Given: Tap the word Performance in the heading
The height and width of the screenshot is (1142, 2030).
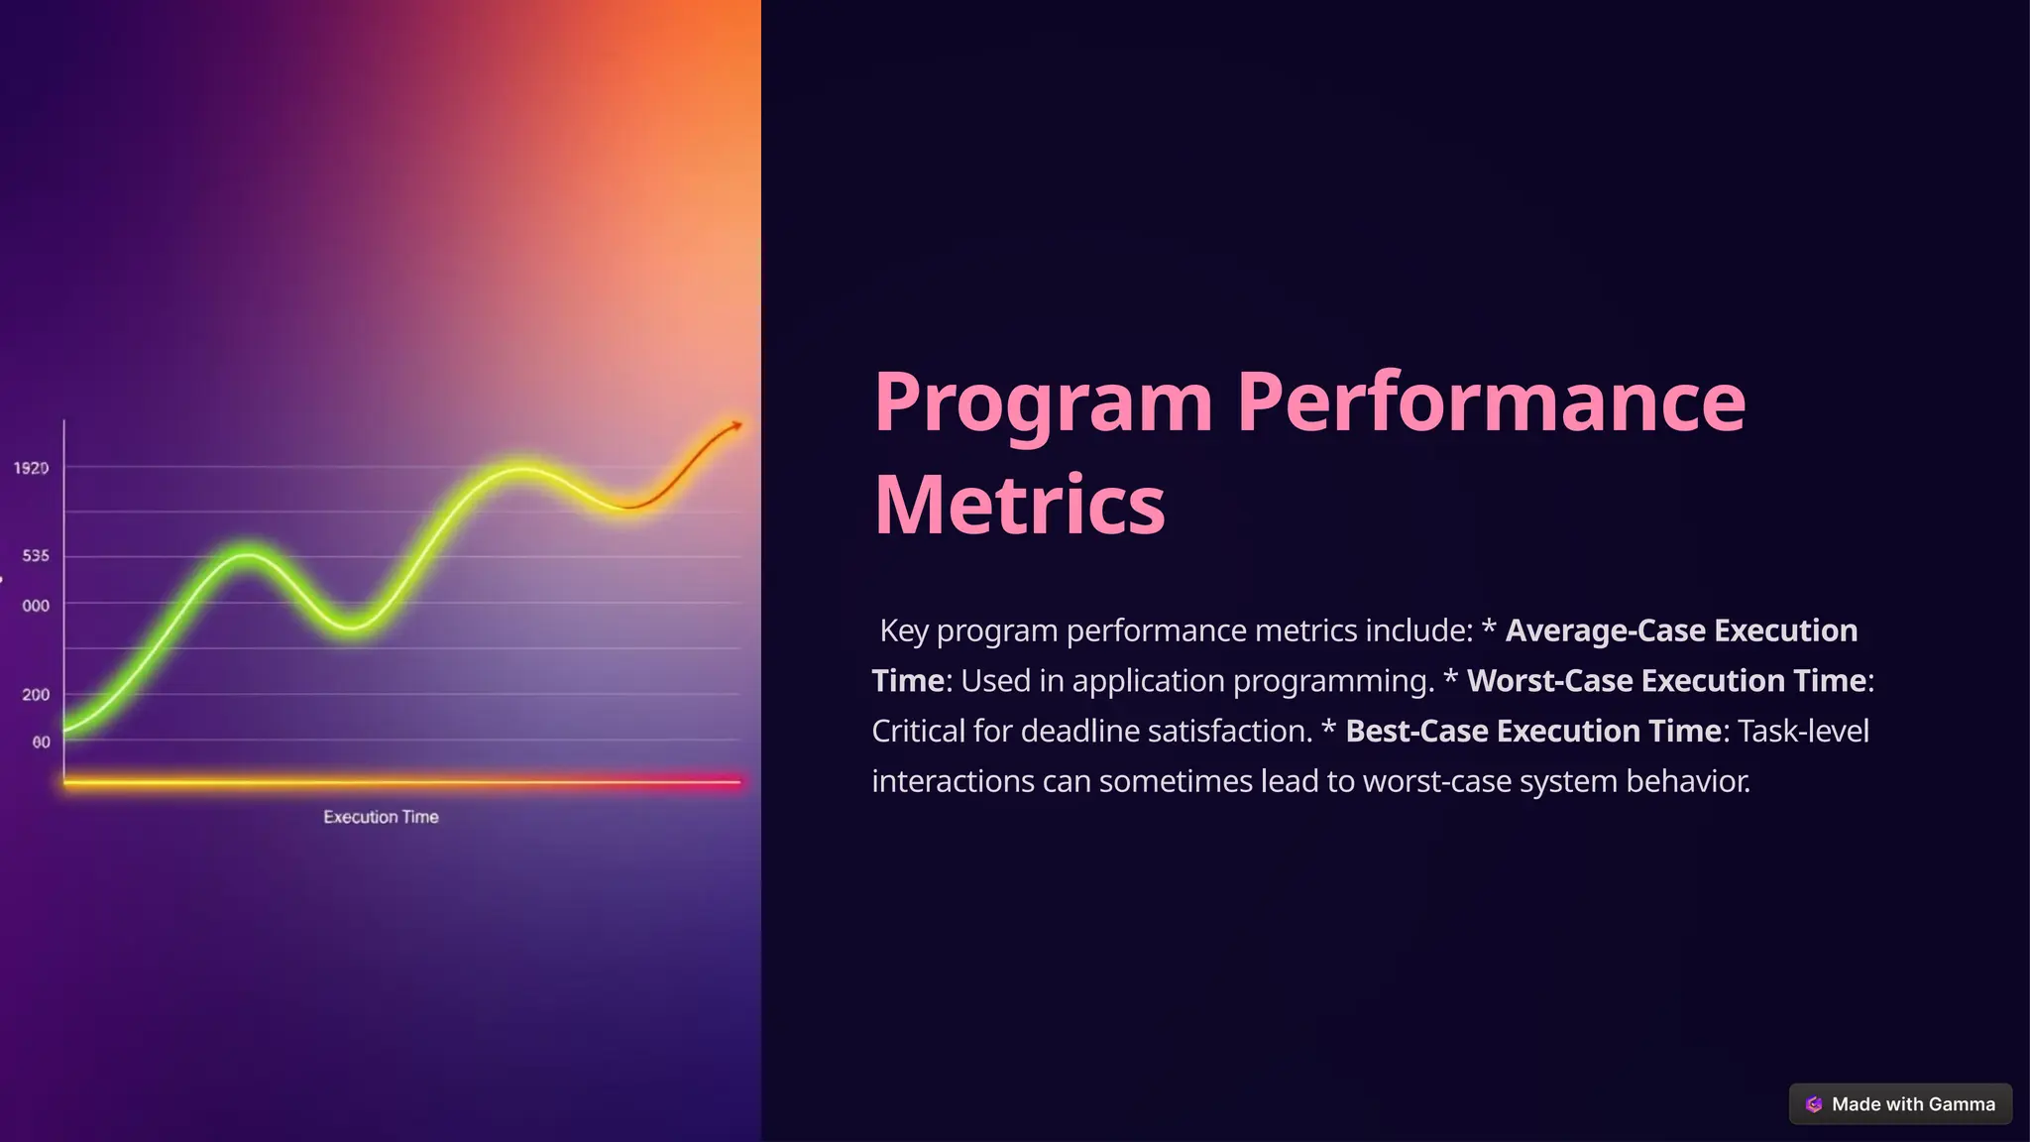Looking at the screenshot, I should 1491,402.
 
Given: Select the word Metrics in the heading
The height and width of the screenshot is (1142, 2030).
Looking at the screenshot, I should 1019,506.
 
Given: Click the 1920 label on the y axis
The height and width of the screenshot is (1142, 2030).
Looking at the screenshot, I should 31,468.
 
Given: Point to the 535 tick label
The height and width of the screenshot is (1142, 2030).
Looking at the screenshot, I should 36,556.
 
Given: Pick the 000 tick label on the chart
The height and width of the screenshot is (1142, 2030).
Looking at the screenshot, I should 36,606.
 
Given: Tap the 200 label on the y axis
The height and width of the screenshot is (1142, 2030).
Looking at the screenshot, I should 36,695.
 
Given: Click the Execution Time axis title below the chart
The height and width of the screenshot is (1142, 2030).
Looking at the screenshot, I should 381,817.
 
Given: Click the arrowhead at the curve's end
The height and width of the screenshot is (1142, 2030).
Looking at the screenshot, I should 735,426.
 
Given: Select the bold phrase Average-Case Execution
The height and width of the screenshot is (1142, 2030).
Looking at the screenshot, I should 1681,630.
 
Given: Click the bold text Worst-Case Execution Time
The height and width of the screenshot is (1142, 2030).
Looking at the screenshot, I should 1666,681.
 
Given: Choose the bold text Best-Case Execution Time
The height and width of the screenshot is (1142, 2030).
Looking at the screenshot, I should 1532,732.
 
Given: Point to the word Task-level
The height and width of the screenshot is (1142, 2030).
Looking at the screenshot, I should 1803,732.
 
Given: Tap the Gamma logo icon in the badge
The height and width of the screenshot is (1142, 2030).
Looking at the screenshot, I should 1814,1104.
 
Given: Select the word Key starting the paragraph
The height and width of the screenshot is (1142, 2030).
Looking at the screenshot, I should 904,630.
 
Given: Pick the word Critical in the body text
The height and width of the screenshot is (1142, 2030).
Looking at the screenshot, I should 918,732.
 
